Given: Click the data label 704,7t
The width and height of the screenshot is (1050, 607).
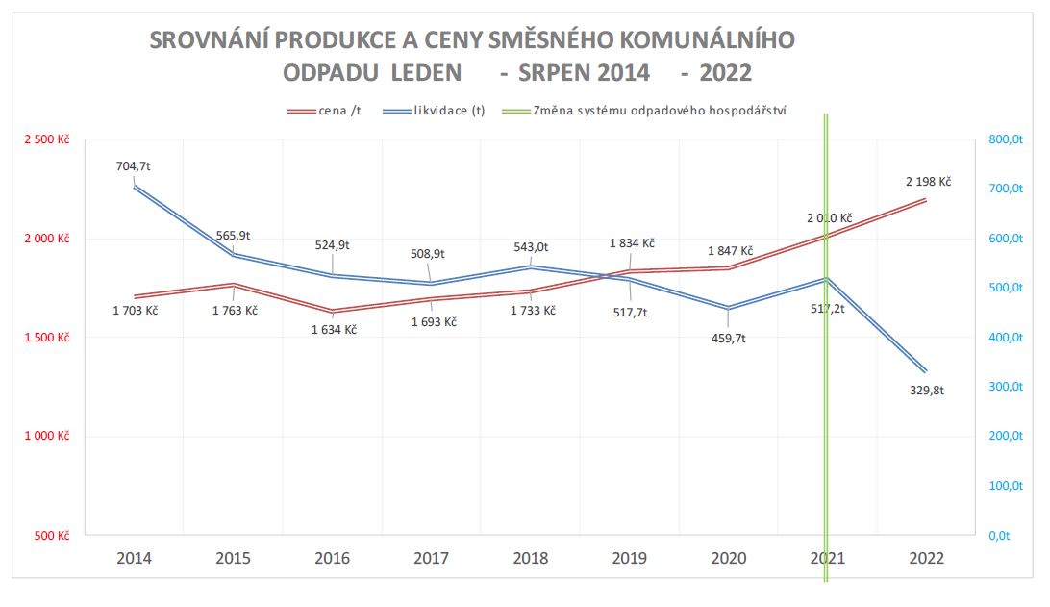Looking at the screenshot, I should [134, 166].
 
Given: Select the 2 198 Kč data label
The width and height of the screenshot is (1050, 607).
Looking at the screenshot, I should [927, 181].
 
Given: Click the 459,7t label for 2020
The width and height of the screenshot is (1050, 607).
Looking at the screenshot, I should [728, 339].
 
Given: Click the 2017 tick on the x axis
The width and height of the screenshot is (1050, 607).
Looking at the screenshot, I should [431, 559].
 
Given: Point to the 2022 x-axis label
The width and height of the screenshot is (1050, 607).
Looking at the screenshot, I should [926, 559].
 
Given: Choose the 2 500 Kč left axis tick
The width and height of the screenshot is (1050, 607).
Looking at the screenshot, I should [47, 139].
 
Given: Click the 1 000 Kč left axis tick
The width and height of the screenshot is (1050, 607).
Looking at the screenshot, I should [47, 436].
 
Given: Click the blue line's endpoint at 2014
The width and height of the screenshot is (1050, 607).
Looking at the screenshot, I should [134, 187].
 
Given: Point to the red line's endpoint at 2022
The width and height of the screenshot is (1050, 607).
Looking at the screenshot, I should [926, 200].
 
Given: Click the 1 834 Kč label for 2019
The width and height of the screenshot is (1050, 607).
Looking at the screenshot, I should [632, 243].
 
